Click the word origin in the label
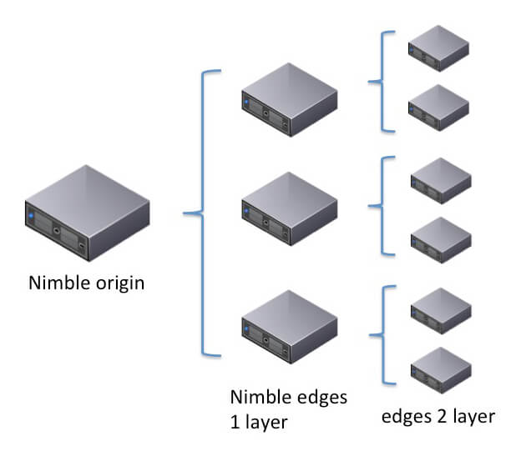click(116, 283)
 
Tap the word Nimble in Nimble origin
click(57, 283)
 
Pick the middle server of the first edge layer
click(289, 208)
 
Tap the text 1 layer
click(259, 422)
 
